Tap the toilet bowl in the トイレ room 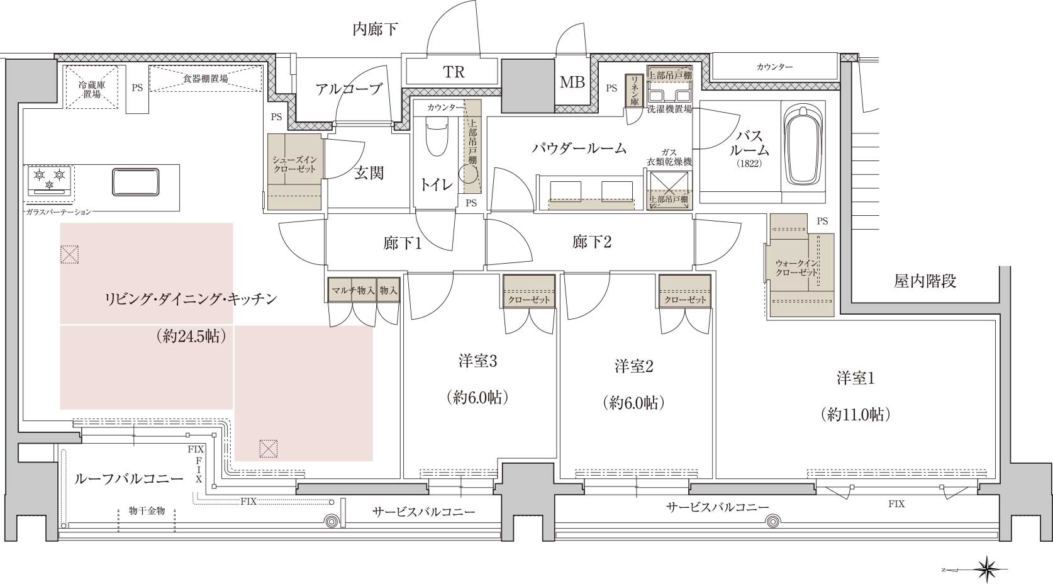[x=437, y=137]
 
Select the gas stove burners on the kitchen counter [x=49, y=180]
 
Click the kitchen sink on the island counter [x=135, y=181]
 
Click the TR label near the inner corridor [x=454, y=72]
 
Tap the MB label [x=572, y=82]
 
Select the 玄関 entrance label [x=369, y=173]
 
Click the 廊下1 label [x=403, y=243]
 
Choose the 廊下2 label [x=592, y=242]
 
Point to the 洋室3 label [x=477, y=361]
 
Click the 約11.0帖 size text [x=855, y=414]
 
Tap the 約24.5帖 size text [x=191, y=336]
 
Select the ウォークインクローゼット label [x=796, y=268]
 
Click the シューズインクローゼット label [x=295, y=165]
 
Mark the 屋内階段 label [x=925, y=282]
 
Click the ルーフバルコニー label [x=129, y=479]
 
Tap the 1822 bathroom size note [x=749, y=164]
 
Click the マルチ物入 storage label [x=353, y=291]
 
